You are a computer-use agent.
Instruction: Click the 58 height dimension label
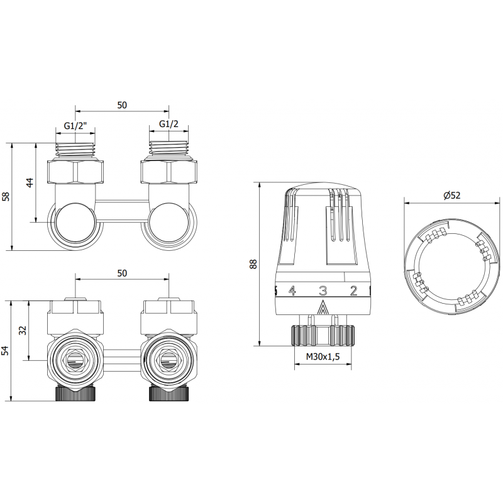tap(6, 196)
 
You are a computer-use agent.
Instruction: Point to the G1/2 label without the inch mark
tap(167, 124)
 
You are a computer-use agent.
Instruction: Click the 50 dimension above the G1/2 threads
tap(122, 105)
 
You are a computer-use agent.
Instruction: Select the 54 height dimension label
tap(6, 350)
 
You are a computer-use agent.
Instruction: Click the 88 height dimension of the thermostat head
tap(253, 264)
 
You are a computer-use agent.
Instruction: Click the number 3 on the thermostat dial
tap(323, 290)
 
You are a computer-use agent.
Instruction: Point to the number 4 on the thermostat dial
tap(292, 290)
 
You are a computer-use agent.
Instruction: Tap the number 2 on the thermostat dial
tap(353, 290)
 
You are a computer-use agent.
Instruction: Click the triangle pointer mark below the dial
tap(323, 307)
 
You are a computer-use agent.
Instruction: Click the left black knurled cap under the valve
tap(76, 395)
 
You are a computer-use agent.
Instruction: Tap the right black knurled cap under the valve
tap(168, 395)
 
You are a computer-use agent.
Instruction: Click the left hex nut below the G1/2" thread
tap(76, 171)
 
